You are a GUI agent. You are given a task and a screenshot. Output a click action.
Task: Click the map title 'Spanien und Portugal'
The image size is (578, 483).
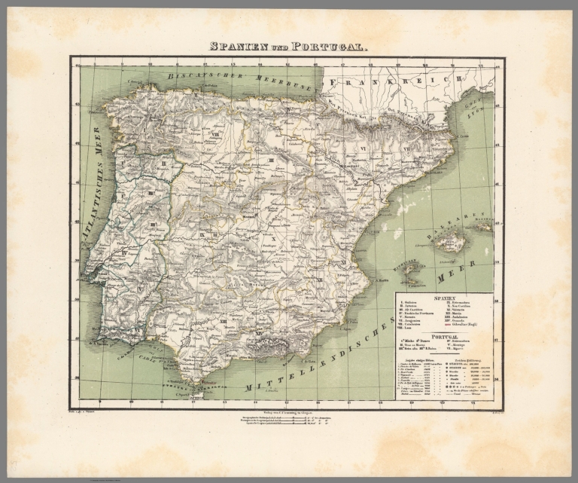[x=289, y=47]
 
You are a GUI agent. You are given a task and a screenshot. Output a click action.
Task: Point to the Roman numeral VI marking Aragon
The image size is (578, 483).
[x=364, y=148]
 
